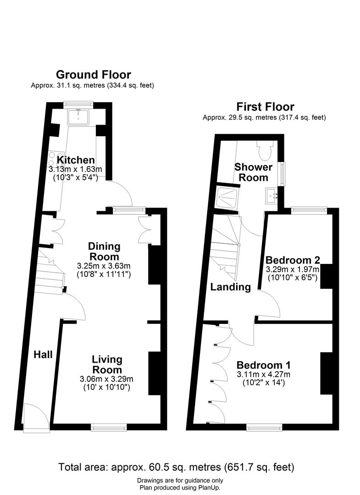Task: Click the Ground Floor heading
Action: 94,75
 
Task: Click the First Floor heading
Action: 265,107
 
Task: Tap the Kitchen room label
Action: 76,160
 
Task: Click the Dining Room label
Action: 104,251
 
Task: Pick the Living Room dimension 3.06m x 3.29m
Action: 106,379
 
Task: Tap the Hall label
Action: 43,354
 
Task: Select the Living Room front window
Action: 109,428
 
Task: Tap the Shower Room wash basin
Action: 271,196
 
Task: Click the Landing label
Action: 231,287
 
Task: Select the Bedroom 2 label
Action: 293,260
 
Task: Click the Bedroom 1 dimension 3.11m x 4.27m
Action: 264,375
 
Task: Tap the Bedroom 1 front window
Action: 265,428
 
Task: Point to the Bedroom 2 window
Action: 309,209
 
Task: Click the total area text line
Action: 176,467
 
